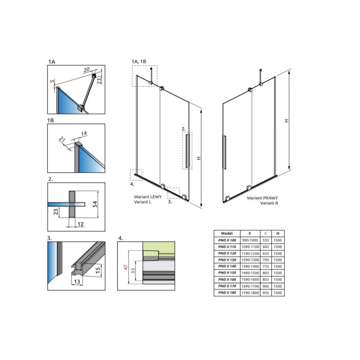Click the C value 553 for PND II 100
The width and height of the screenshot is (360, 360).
click(266, 240)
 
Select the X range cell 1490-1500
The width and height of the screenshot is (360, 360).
click(250, 273)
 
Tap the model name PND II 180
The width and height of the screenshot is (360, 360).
click(227, 293)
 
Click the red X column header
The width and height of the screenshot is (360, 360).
click(250, 233)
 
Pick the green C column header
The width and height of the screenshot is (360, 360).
click(266, 233)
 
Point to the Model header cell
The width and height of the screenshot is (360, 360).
click(227, 233)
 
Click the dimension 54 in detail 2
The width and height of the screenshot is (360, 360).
click(95, 204)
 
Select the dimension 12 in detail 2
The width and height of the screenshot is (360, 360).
click(81, 224)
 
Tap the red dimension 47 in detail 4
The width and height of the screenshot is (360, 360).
click(126, 267)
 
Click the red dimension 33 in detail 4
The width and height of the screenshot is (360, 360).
click(133, 271)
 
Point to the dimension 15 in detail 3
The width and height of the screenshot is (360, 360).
click(98, 270)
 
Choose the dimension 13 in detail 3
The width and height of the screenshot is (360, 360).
click(77, 282)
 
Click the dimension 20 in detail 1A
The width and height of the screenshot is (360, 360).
click(87, 70)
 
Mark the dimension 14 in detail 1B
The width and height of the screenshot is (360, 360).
click(84, 133)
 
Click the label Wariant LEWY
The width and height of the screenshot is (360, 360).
click(148, 197)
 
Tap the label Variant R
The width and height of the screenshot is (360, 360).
click(269, 203)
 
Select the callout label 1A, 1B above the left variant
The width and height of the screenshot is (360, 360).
click(139, 62)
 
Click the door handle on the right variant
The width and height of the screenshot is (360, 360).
click(225, 152)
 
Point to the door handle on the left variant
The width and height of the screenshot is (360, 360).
click(187, 151)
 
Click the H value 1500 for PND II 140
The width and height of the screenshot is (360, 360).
click(278, 266)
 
